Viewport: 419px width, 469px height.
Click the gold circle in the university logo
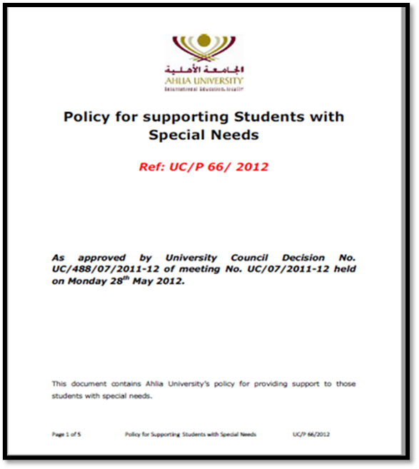[x=204, y=41]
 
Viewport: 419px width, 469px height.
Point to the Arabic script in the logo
[x=204, y=70]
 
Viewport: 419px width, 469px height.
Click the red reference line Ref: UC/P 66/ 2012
[x=203, y=167]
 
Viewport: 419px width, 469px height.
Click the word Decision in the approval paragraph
[x=301, y=257]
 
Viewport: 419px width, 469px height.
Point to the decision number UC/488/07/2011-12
[x=104, y=268]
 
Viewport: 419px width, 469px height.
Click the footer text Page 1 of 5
[x=66, y=434]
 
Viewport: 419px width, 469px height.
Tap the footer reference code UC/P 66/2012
[x=311, y=434]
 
